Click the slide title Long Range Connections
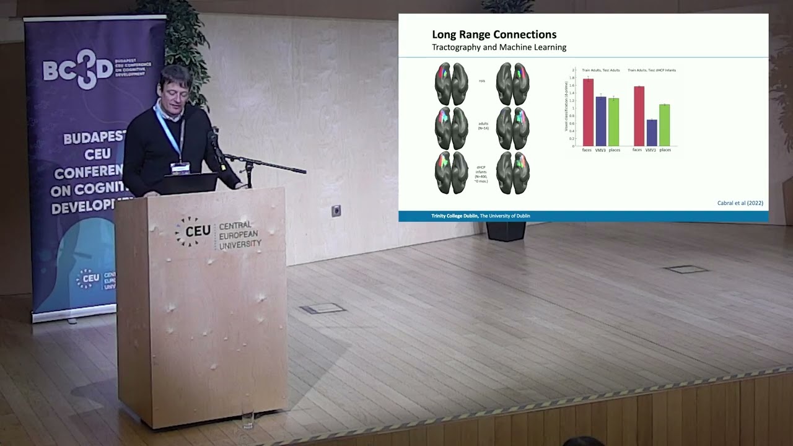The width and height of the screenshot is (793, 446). click(494, 35)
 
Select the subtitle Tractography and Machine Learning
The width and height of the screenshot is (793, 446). click(499, 47)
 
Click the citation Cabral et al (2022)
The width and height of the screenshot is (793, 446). click(740, 203)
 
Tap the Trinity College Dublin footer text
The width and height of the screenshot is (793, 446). click(480, 216)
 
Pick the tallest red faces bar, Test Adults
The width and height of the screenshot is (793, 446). click(588, 112)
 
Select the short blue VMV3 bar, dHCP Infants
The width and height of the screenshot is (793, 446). click(651, 133)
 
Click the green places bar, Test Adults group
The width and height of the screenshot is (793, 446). click(613, 122)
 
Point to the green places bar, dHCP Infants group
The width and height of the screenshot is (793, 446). click(664, 125)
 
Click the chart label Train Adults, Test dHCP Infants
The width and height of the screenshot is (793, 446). click(651, 70)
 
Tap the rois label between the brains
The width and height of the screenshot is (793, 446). click(482, 81)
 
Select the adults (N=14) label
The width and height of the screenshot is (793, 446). click(483, 126)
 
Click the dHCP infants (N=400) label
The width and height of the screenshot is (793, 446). click(481, 174)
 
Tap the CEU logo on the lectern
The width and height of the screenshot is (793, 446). click(193, 232)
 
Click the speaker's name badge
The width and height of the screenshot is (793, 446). click(180, 167)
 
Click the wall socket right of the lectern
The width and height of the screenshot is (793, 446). click(336, 211)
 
